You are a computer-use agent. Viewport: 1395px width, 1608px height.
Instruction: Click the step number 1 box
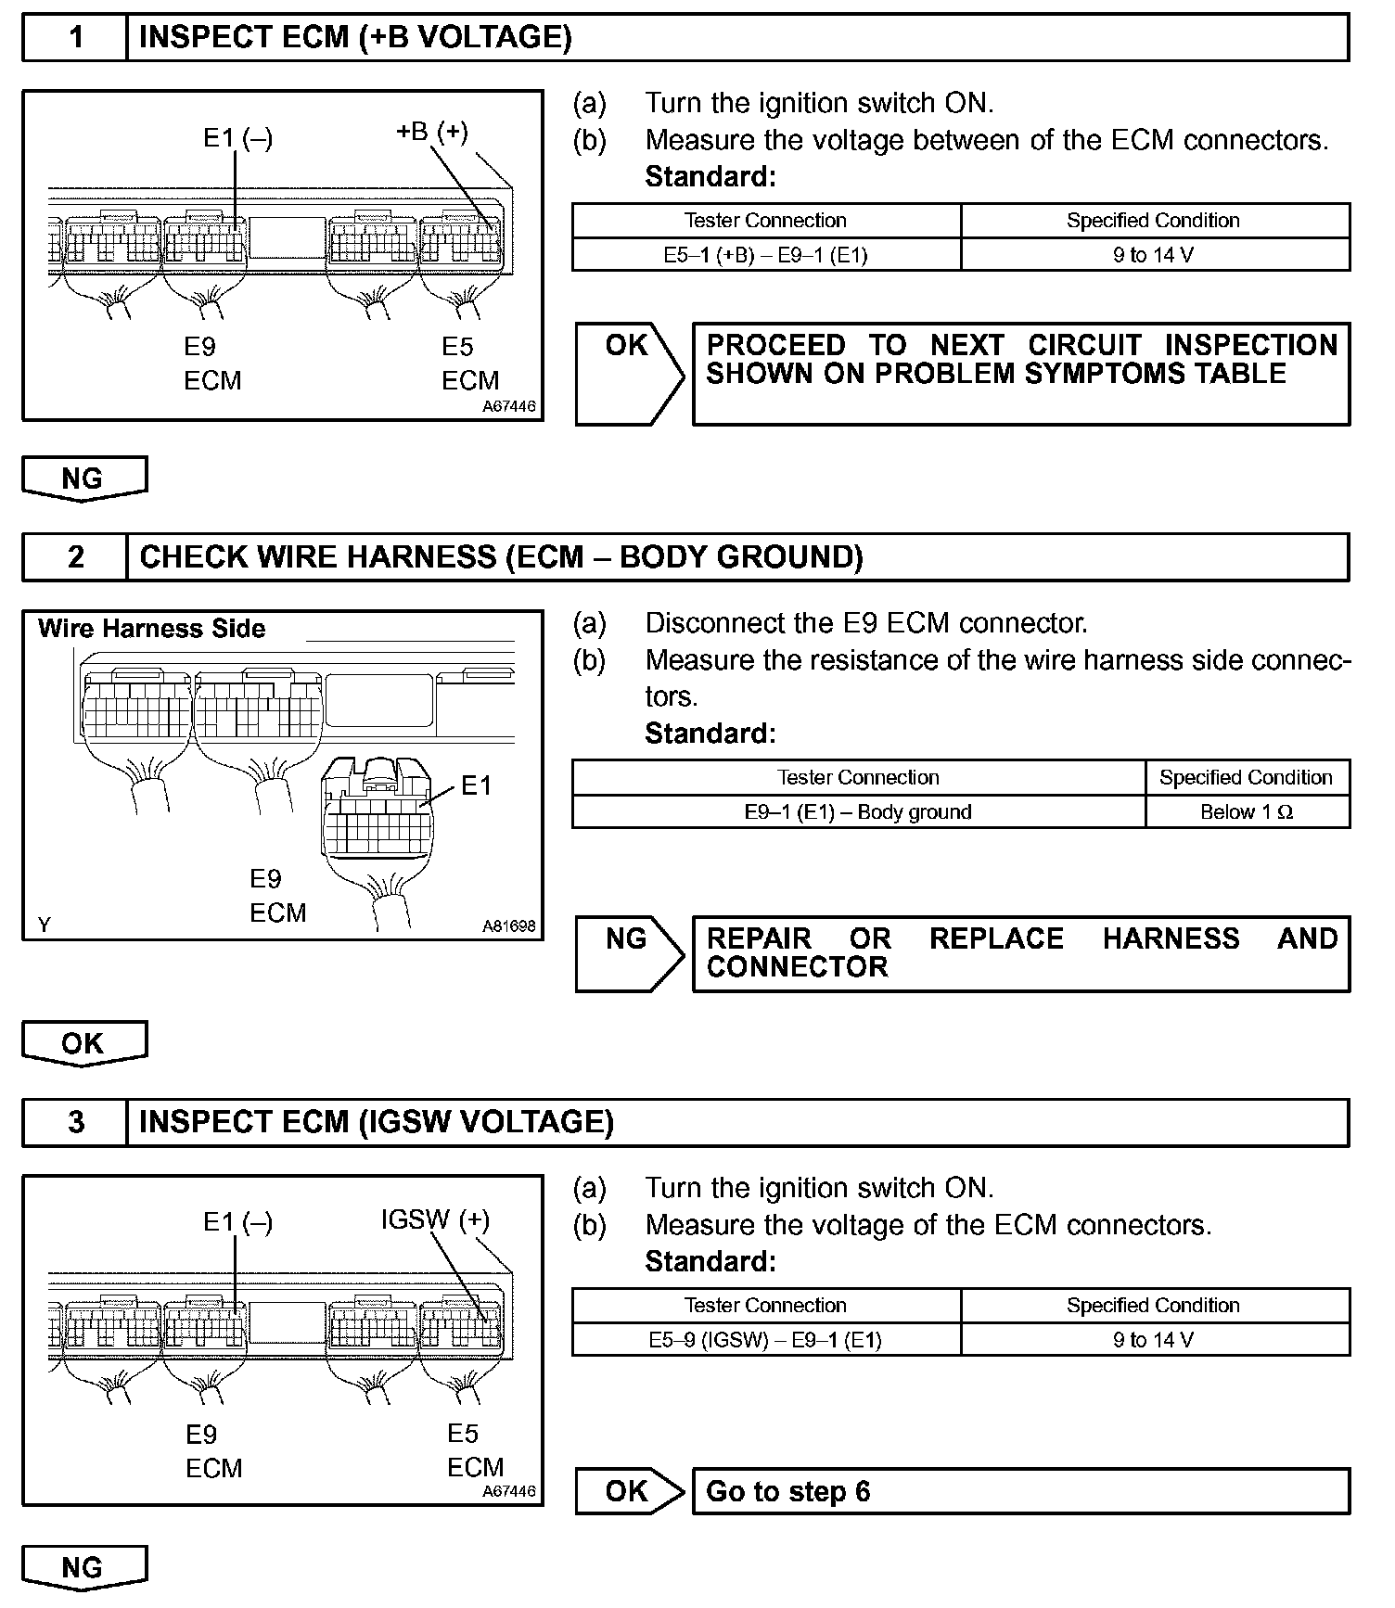pyautogui.click(x=75, y=38)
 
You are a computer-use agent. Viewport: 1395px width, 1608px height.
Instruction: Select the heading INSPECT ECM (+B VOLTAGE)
pyautogui.click(x=354, y=38)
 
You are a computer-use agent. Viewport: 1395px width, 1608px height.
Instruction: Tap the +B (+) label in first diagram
pyautogui.click(x=431, y=133)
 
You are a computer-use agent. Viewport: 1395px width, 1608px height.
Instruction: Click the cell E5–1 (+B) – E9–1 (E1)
pyautogui.click(x=765, y=255)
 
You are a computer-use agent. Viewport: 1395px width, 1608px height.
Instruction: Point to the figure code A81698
pyautogui.click(x=508, y=925)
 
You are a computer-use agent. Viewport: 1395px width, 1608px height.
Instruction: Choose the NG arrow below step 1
pyautogui.click(x=83, y=479)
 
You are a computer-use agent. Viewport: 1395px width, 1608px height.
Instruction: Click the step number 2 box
pyautogui.click(x=75, y=557)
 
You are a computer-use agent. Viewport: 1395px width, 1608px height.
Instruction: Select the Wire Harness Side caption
pyautogui.click(x=151, y=629)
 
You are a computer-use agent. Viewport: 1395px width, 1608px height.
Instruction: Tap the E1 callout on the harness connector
pyautogui.click(x=476, y=786)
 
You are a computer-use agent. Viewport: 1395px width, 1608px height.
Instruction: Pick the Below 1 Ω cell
pyautogui.click(x=1246, y=812)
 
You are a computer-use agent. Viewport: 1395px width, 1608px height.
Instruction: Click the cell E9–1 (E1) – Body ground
pyautogui.click(x=858, y=812)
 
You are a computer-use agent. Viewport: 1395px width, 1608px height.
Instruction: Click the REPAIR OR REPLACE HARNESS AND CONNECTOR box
pyautogui.click(x=1020, y=953)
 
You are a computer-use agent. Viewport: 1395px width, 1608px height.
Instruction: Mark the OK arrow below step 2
pyautogui.click(x=83, y=1043)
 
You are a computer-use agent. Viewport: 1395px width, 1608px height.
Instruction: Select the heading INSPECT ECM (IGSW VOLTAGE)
pyautogui.click(x=376, y=1123)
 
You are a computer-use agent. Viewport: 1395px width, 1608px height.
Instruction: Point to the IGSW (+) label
pyautogui.click(x=434, y=1219)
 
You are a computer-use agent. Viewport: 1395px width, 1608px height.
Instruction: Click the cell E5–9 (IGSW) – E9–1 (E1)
pyautogui.click(x=765, y=1340)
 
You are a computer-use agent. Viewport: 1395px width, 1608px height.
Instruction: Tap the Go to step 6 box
pyautogui.click(x=1020, y=1491)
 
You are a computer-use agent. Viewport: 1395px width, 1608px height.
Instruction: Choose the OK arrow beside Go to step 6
pyautogui.click(x=628, y=1491)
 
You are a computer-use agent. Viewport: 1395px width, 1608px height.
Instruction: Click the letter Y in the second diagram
pyautogui.click(x=44, y=925)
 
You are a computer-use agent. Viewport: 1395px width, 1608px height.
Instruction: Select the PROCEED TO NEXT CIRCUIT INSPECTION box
pyautogui.click(x=1020, y=374)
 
